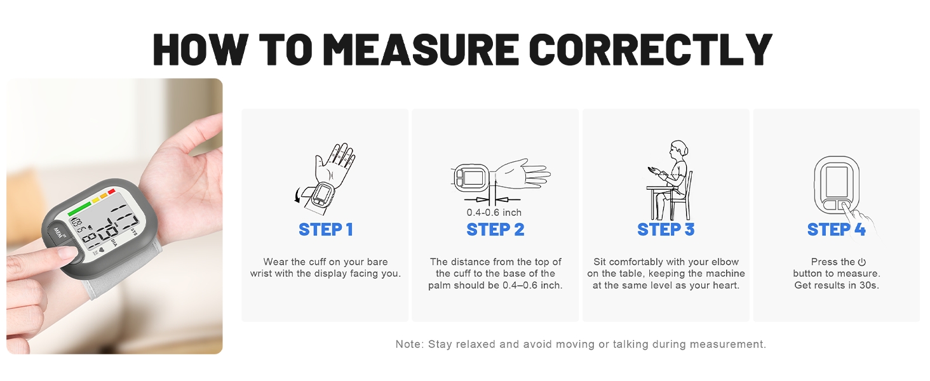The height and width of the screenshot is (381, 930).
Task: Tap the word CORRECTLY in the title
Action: (650, 49)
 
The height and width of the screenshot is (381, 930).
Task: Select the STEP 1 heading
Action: (325, 230)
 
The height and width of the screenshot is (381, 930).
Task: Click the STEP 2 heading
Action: (495, 230)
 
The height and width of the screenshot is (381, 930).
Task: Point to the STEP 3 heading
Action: (666, 230)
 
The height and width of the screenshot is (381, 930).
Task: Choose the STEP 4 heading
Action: (836, 230)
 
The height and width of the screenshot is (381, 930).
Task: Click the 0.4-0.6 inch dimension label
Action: (494, 212)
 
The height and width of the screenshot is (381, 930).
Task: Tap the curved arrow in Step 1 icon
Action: (300, 196)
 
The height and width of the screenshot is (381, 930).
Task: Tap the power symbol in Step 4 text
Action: (862, 262)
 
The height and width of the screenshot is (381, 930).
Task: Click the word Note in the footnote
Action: (408, 344)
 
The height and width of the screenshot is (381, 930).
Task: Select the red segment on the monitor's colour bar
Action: (111, 191)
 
